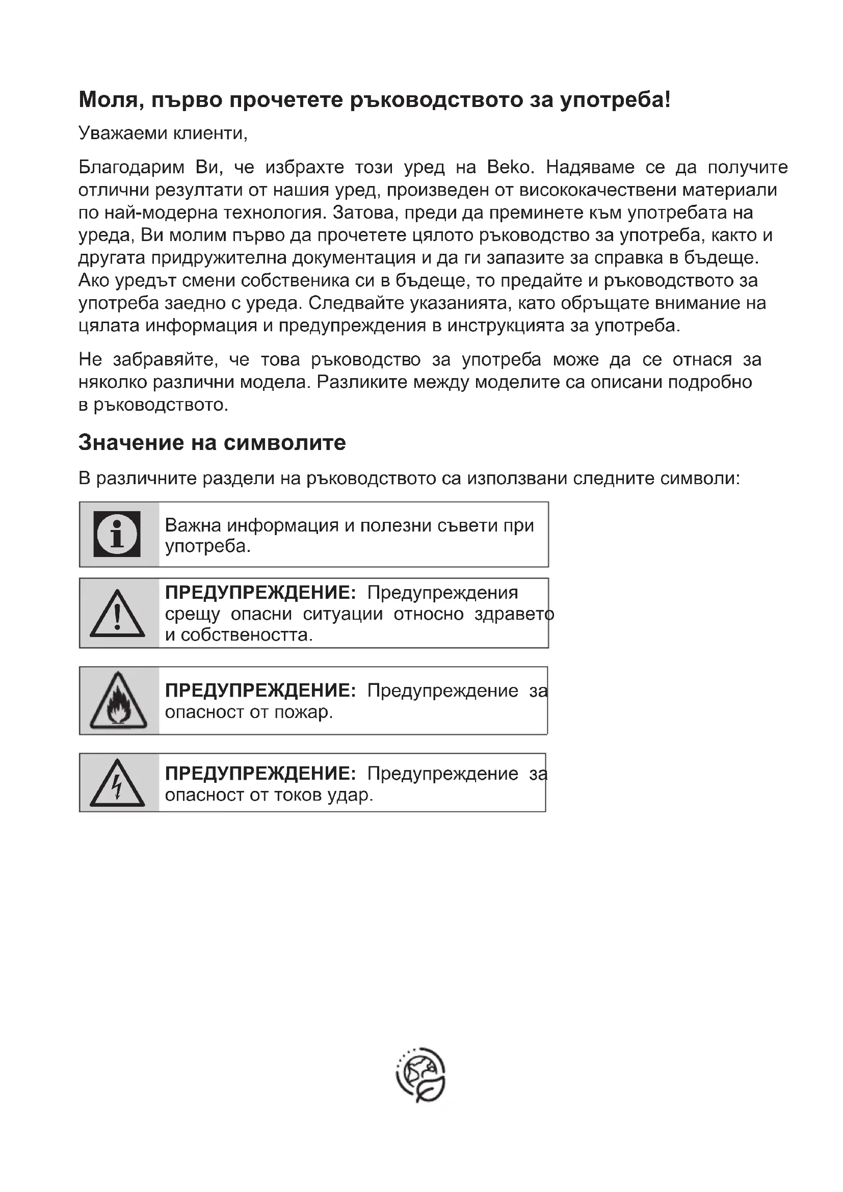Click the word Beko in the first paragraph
click(509, 167)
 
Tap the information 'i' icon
click(117, 534)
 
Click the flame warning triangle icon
click(118, 701)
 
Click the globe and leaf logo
click(421, 1074)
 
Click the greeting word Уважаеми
click(122, 134)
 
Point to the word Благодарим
click(131, 167)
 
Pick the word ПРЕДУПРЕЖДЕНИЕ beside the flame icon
click(260, 691)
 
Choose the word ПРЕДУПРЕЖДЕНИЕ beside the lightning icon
click(260, 774)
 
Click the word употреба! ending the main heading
click(615, 100)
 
